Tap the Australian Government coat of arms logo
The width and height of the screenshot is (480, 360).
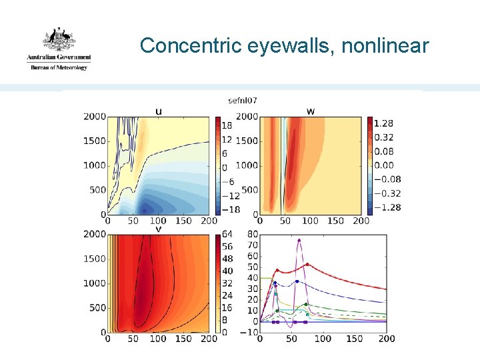coord(59,40)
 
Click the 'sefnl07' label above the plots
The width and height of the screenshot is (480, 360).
coord(243,101)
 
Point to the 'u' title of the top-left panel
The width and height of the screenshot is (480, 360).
coord(158,111)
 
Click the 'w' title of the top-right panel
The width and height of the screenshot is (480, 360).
coord(311,111)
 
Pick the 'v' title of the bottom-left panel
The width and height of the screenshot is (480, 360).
coord(158,229)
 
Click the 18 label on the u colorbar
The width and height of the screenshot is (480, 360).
coord(226,125)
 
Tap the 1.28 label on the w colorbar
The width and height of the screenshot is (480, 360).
coord(384,123)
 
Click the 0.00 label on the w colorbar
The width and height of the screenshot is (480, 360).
coord(384,165)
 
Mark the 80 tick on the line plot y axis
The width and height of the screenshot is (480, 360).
coord(252,234)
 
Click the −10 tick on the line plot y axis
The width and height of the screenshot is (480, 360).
coord(249,333)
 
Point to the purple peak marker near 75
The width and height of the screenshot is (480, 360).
coord(299,240)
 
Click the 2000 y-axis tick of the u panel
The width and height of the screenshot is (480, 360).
coord(94,117)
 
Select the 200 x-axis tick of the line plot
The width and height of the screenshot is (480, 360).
coord(387,339)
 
